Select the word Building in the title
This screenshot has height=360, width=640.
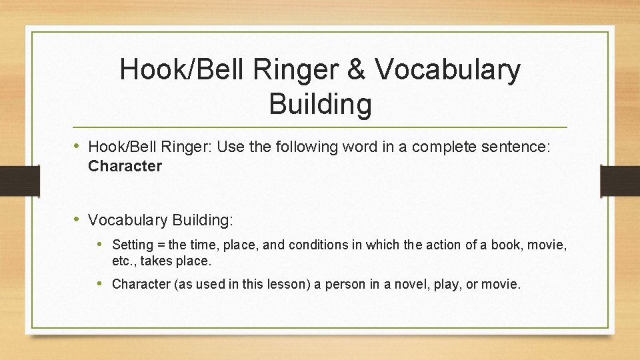point(320,104)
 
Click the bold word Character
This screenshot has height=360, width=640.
point(125,166)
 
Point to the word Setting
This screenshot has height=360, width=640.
point(132,245)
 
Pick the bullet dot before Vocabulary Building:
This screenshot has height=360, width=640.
point(77,219)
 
